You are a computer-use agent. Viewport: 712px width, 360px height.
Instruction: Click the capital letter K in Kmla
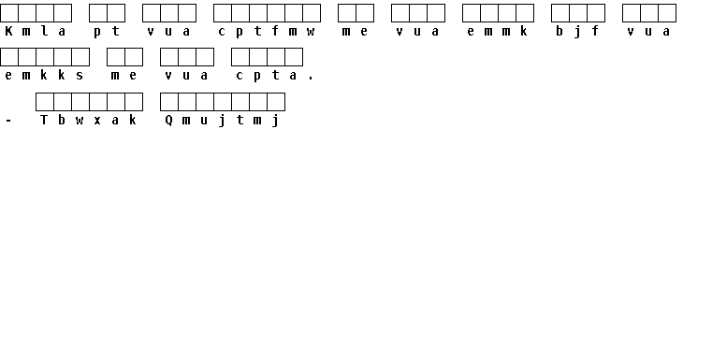click(8, 31)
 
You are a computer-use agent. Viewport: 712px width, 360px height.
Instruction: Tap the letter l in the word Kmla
click(45, 31)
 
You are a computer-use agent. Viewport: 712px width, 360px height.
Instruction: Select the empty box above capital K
click(9, 13)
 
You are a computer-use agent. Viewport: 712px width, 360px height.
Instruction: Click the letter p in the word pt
click(97, 32)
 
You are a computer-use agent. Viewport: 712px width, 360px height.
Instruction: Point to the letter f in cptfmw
click(276, 31)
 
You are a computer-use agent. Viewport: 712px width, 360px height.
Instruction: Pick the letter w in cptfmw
click(311, 32)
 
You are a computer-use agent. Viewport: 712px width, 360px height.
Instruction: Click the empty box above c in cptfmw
click(223, 13)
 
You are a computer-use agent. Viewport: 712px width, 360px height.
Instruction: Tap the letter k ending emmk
click(525, 31)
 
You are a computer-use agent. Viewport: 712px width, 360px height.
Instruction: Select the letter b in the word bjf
click(559, 31)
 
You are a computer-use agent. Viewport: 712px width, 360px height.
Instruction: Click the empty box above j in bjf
click(578, 13)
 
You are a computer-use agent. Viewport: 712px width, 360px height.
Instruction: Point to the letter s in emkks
click(80, 76)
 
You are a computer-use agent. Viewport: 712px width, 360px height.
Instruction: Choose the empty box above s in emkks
click(80, 57)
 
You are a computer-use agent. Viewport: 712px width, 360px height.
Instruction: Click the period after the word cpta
click(311, 79)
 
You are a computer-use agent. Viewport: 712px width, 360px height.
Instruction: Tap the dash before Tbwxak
click(8, 122)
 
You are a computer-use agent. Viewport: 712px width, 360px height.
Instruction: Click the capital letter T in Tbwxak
click(44, 120)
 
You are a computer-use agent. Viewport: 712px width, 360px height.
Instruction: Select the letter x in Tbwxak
click(97, 121)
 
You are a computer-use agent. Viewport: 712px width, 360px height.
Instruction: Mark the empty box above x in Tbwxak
click(98, 102)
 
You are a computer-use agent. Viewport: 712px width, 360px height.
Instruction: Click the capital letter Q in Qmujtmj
click(169, 121)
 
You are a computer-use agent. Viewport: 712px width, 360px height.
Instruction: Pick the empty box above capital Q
click(169, 102)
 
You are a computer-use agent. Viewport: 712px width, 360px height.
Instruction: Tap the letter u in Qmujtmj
click(204, 121)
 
